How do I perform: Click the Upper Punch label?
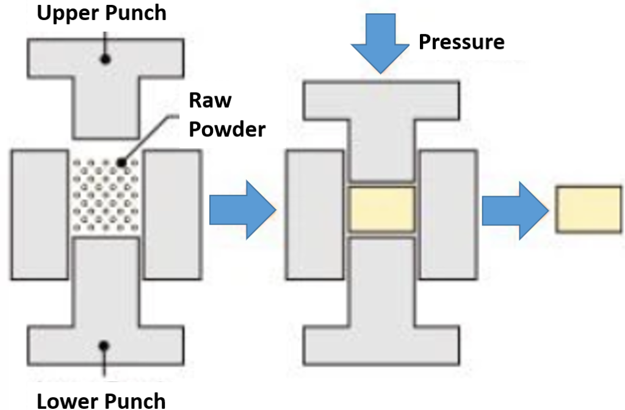(102, 12)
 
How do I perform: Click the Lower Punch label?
(101, 401)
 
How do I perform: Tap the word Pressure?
(461, 41)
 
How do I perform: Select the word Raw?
(210, 99)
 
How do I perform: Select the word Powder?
(227, 129)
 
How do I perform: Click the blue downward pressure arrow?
(380, 48)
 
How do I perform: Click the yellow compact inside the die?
(381, 209)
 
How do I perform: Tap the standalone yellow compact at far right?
(588, 210)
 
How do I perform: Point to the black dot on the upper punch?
(106, 58)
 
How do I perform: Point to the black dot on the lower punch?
(105, 346)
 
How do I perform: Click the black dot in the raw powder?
(123, 163)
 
